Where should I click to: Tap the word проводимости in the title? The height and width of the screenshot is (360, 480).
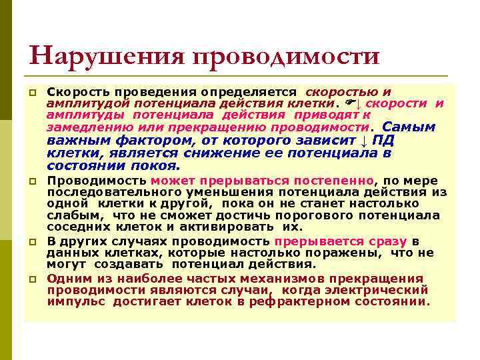tap(286, 56)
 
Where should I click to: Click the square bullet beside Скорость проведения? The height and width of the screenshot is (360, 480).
tap(31, 91)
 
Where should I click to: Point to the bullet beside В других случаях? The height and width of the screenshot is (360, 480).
tap(31, 243)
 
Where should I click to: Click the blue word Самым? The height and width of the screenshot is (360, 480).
tap(409, 127)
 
